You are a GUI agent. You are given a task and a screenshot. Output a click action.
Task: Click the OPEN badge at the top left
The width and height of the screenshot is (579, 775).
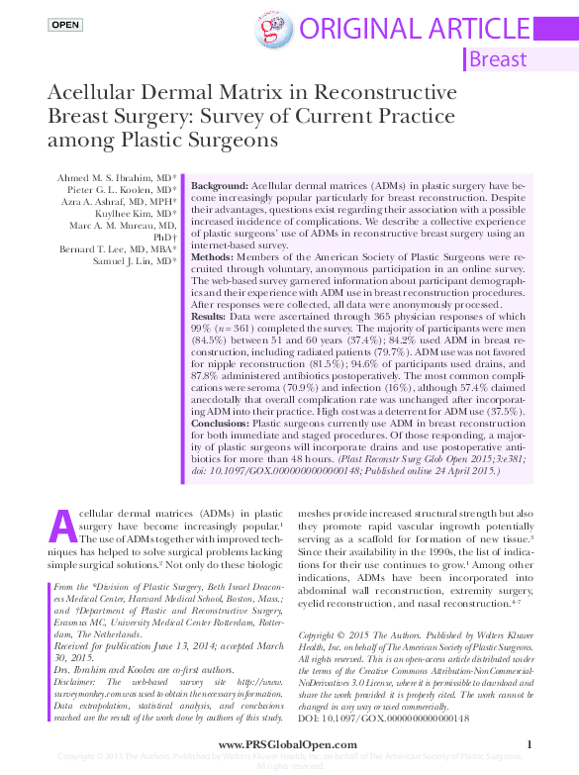64,23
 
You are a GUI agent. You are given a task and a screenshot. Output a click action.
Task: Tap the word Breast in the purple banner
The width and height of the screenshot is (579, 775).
498,58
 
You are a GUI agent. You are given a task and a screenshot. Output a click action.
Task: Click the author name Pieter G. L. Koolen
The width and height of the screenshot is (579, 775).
122,189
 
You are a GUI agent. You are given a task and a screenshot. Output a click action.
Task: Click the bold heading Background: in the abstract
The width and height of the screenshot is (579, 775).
220,186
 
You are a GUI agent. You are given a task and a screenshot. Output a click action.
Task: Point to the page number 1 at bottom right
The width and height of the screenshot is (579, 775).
530,744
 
